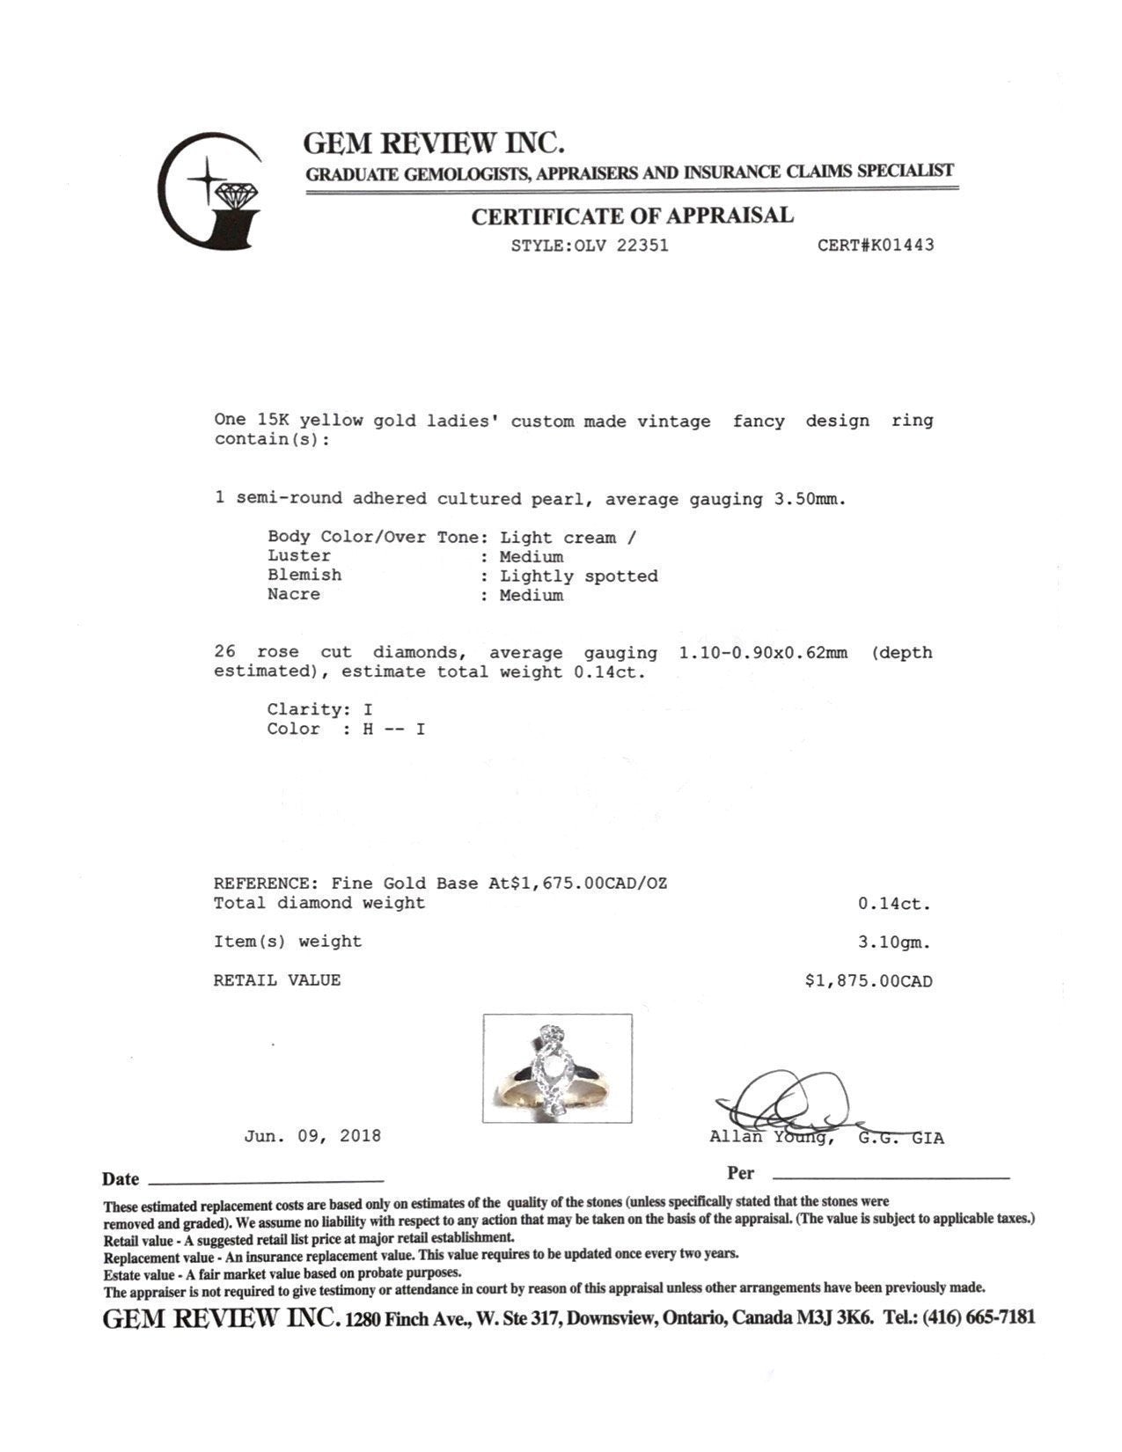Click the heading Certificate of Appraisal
coord(632,216)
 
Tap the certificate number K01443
coord(903,246)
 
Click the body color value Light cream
coord(558,538)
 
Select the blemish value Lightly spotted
coord(579,576)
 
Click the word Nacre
coord(294,595)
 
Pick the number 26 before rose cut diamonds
coord(225,653)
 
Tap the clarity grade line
coord(320,709)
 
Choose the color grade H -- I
coord(394,730)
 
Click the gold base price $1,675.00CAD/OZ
coord(589,884)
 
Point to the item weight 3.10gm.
coord(894,942)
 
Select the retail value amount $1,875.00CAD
coord(869,981)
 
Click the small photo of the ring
coord(557,1068)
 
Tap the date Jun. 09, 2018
coord(312,1136)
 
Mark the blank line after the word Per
coord(890,1176)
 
